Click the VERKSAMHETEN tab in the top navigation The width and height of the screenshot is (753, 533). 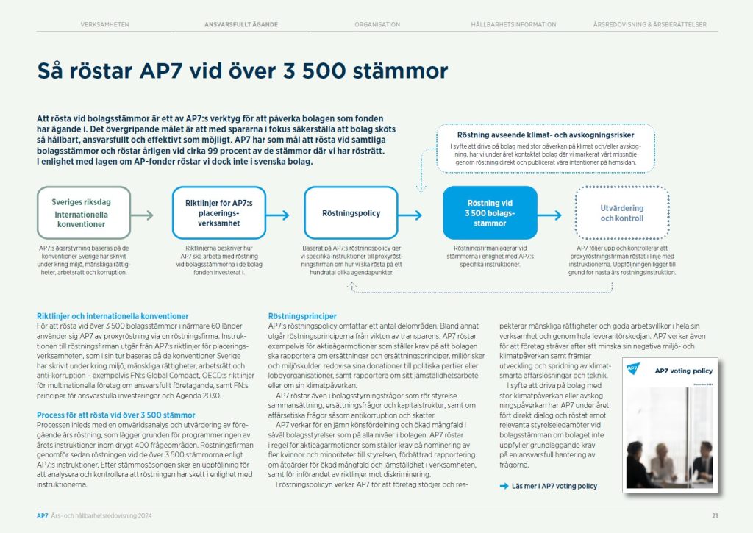[105, 24]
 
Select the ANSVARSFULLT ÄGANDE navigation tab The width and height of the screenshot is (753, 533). [241, 24]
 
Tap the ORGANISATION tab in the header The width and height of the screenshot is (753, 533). [377, 24]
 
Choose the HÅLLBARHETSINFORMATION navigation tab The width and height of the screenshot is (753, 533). [513, 24]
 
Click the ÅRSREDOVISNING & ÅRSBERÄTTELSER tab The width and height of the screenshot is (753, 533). [650, 24]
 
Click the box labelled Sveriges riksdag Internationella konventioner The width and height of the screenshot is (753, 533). [84, 213]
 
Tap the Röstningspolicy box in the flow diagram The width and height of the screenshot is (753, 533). [351, 213]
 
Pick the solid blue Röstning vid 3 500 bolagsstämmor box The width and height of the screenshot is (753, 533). [490, 213]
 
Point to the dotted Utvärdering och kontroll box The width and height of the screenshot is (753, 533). [621, 213]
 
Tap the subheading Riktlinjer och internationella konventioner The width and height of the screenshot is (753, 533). [113, 316]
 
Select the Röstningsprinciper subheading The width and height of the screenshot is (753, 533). [302, 316]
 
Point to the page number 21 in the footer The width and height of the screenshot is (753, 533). [714, 515]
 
